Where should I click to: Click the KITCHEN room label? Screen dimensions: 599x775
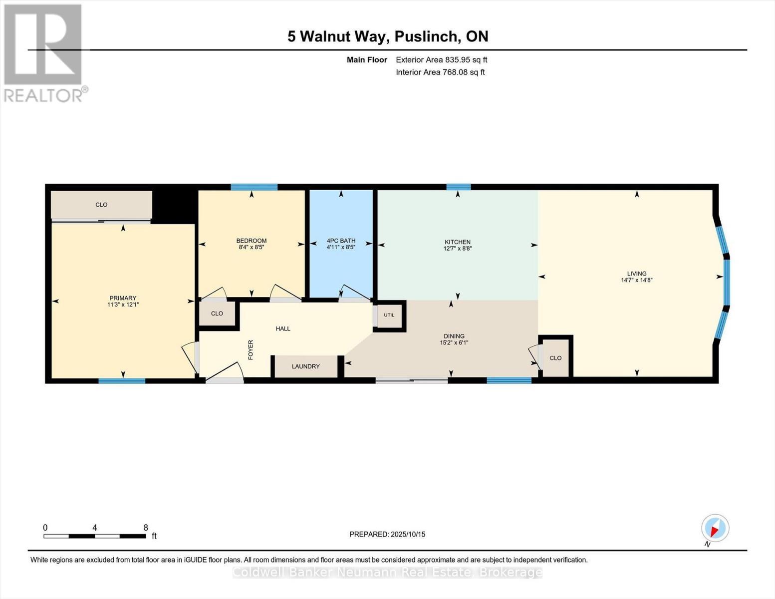458,242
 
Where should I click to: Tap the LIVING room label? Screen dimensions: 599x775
637,274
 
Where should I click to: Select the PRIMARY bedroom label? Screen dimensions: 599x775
123,298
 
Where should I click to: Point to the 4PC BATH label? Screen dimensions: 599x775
341,241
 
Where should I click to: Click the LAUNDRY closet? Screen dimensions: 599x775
306,366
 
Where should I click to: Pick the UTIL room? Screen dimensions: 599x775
389,315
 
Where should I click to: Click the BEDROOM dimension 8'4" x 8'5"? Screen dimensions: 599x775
251,247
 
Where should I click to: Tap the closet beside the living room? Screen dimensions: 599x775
555,358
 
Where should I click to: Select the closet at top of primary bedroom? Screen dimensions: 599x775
101,205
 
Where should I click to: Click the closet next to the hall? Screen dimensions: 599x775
217,313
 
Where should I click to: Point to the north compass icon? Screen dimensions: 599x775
715,528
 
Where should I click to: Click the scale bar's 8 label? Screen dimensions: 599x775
145,528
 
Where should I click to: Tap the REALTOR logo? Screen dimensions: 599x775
43,52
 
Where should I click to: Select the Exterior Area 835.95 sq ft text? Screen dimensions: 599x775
441,60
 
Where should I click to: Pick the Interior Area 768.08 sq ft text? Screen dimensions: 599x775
440,72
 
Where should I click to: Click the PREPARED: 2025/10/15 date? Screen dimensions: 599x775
387,535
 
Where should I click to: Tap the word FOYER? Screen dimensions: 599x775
251,349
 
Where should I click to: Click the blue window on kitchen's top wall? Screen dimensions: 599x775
458,187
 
